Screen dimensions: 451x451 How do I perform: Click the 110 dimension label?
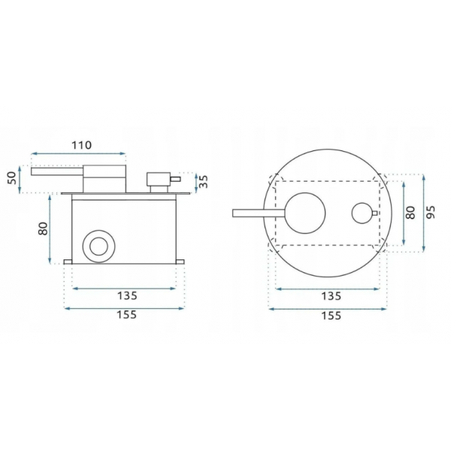82,145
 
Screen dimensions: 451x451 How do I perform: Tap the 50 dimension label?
11,178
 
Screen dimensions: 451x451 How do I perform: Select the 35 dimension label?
204,181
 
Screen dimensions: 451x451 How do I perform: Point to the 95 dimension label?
431,212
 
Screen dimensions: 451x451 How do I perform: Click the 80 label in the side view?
43,229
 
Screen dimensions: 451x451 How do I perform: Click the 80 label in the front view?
411,213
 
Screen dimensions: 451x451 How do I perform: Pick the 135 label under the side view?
127,295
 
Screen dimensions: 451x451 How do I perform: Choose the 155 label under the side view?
126,315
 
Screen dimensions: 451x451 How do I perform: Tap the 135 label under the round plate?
331,296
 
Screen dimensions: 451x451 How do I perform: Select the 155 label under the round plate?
331,316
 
